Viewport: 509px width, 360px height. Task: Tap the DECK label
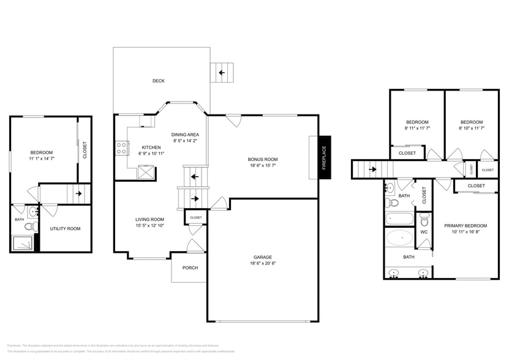pos(158,81)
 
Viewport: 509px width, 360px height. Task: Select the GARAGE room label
pos(262,257)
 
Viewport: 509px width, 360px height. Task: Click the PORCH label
pos(190,268)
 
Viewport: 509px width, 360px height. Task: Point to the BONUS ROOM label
pos(262,159)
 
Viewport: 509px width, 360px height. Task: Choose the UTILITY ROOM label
pos(65,228)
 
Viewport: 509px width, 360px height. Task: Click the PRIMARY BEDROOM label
pos(465,226)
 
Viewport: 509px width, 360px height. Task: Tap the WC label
pos(424,232)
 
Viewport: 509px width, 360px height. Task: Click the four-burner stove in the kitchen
pos(121,148)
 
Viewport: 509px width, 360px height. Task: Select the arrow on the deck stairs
pos(221,72)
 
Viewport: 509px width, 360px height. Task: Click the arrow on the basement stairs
pos(78,193)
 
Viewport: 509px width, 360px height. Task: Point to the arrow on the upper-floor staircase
pos(372,169)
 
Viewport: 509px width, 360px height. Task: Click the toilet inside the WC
pos(424,220)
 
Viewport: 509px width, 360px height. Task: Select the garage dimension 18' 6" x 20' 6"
pos(262,263)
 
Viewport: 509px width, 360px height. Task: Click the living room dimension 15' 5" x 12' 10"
pos(149,225)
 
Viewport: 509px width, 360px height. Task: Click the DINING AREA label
pos(185,135)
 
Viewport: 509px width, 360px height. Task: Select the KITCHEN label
pos(151,148)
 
